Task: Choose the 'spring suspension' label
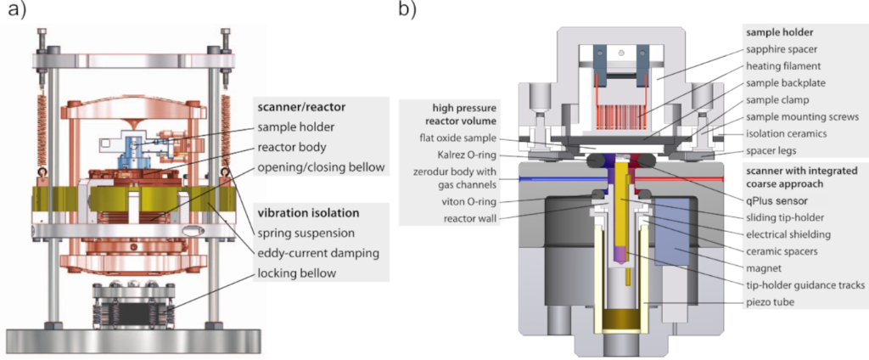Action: click(306, 231)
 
